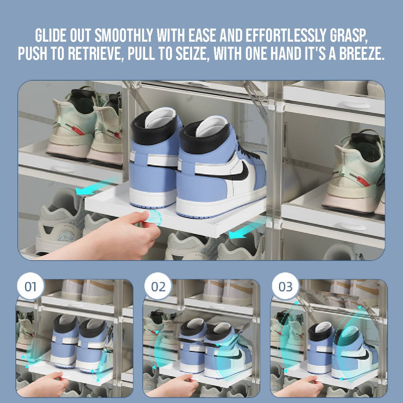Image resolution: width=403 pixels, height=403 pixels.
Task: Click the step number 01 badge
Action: (31, 287)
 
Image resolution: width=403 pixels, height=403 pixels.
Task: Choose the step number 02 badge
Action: (158, 287)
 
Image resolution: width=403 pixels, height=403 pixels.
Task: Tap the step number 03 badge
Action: (286, 287)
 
